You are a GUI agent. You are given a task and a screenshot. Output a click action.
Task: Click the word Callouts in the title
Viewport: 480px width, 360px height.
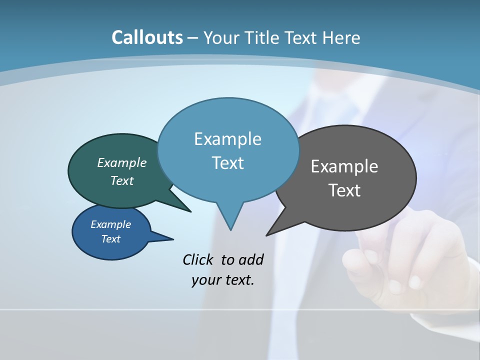[147, 37]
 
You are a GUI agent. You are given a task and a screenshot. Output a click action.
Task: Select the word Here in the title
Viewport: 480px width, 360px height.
[341, 37]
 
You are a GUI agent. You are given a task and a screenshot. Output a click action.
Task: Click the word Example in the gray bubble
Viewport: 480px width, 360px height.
[344, 166]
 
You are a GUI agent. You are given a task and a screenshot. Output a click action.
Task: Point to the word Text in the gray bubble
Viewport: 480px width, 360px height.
[344, 190]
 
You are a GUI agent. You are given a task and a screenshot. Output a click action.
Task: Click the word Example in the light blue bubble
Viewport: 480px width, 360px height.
[227, 139]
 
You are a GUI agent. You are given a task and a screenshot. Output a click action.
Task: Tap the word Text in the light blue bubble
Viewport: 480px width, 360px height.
[227, 163]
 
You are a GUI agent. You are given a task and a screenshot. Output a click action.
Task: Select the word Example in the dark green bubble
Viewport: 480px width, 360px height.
[122, 162]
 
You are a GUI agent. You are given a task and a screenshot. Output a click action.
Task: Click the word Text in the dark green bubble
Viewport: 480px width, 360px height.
[122, 180]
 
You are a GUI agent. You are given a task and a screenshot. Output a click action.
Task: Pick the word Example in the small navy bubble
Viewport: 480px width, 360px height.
[110, 224]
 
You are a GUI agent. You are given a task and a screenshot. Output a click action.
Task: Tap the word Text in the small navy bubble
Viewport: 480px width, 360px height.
[110, 239]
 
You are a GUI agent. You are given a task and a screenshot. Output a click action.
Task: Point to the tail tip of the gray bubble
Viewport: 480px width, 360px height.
[268, 234]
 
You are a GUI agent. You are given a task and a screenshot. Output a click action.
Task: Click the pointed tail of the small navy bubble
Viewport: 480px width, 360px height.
[170, 238]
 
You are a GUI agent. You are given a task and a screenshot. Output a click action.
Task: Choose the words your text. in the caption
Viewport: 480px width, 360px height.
[223, 280]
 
